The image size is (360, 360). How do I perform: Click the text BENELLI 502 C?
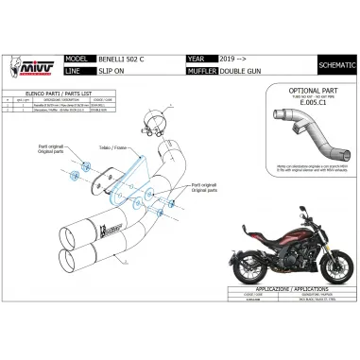click(119, 56)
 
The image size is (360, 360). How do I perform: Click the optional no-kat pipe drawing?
click(300, 132)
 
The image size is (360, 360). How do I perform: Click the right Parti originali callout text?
click(204, 186)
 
